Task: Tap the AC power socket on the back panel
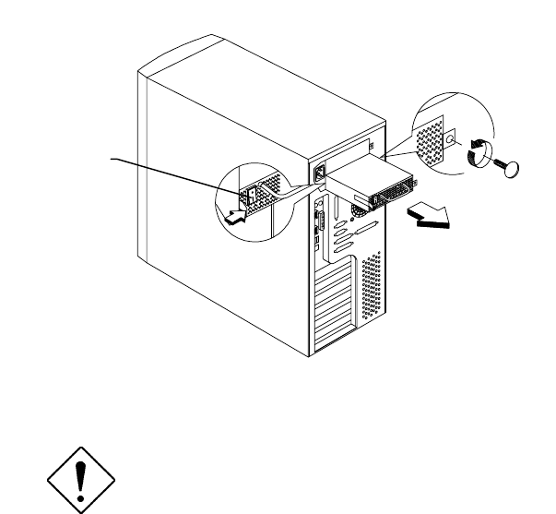pyautogui.click(x=320, y=173)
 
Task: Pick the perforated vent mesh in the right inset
pyautogui.click(x=428, y=139)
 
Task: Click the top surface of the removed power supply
pyautogui.click(x=364, y=173)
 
